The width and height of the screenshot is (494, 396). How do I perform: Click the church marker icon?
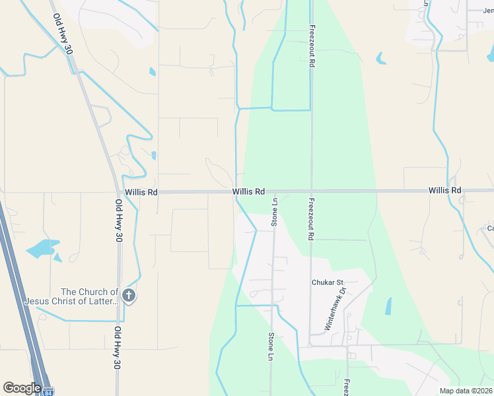(129, 296)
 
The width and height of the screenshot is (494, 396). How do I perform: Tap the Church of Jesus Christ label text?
(71, 296)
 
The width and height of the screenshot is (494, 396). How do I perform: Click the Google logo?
(22, 388)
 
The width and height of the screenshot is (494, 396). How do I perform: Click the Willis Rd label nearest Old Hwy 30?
(143, 192)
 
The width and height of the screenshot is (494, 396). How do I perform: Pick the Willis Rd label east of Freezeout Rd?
(444, 190)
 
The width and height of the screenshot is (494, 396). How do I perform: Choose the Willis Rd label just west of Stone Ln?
(248, 191)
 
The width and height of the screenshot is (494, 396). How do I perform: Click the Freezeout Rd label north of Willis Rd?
(310, 47)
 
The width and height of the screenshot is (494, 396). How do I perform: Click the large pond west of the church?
(42, 249)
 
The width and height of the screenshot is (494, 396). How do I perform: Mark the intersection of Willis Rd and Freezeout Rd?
(310, 191)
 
